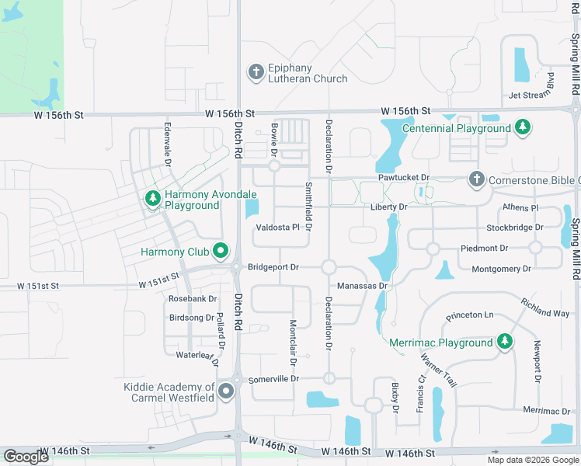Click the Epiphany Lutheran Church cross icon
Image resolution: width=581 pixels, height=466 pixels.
tap(256, 73)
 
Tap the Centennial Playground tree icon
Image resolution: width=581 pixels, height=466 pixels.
tap(524, 127)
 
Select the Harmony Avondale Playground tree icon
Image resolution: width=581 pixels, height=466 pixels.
tap(153, 200)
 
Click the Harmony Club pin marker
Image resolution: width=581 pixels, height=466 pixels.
tap(221, 252)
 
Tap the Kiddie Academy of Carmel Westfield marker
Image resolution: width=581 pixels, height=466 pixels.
tap(226, 392)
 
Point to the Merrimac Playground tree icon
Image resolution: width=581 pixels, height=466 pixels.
tap(505, 342)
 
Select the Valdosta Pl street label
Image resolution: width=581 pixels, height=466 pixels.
tap(277, 228)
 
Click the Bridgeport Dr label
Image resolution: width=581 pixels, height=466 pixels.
tap(273, 267)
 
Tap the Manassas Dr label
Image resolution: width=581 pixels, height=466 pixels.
tap(362, 286)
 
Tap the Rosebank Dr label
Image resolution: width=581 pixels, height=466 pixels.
tap(193, 299)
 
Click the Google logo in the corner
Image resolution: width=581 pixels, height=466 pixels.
tap(26, 457)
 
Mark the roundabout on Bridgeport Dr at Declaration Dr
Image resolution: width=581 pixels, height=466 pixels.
tap(329, 267)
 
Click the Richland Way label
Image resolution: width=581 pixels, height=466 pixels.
tap(545, 308)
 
